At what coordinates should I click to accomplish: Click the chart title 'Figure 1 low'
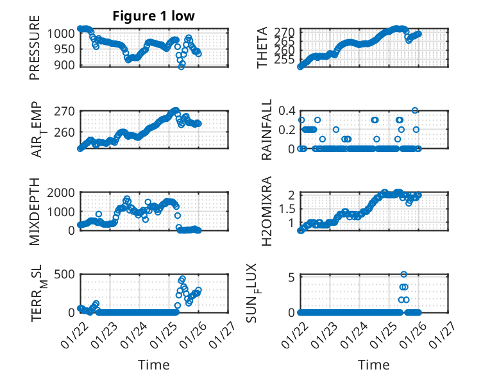click(153, 16)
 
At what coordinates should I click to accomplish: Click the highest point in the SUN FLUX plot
click(403, 275)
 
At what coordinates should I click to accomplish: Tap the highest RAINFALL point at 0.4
click(415, 110)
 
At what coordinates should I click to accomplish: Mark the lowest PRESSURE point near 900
click(182, 66)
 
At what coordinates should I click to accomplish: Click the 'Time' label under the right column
click(373, 365)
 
